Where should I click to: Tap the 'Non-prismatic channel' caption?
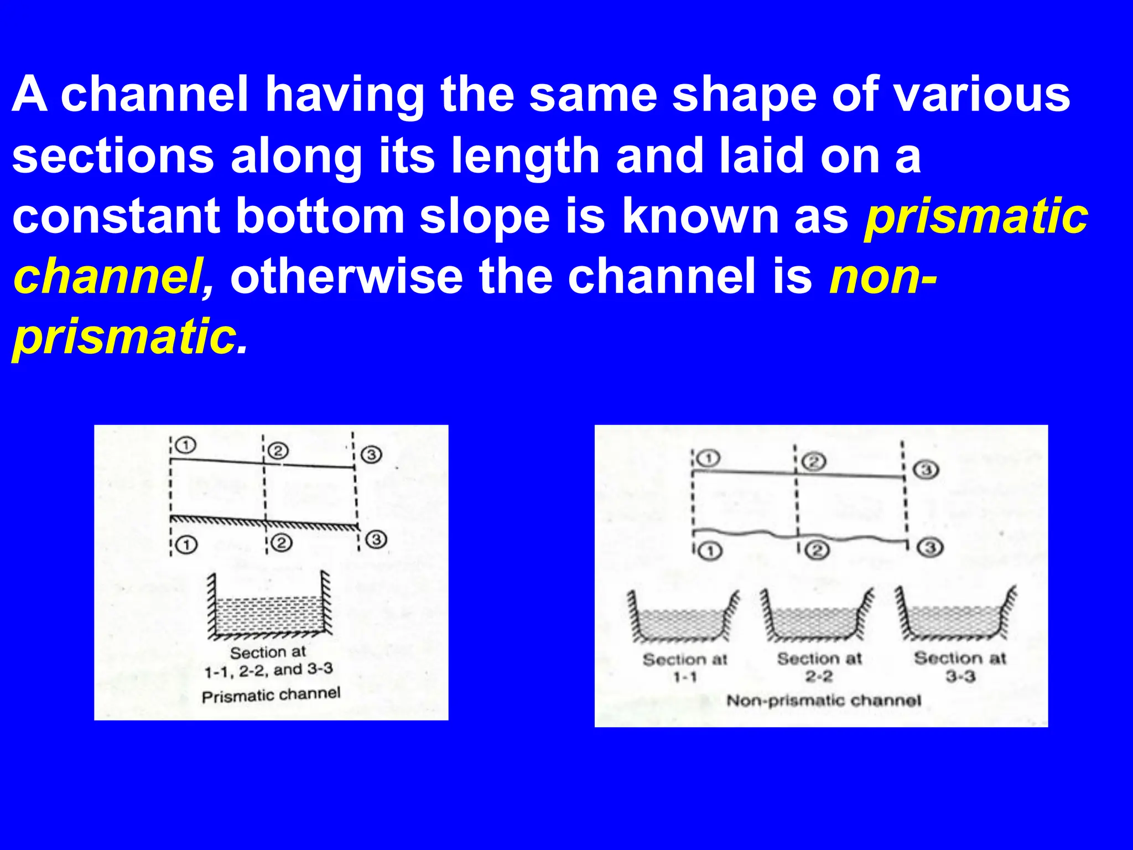click(823, 701)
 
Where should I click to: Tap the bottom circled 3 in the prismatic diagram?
click(377, 540)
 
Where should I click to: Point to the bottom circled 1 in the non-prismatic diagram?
click(711, 551)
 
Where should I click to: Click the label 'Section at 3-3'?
click(960, 666)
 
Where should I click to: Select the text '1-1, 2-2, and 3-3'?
click(269, 670)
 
